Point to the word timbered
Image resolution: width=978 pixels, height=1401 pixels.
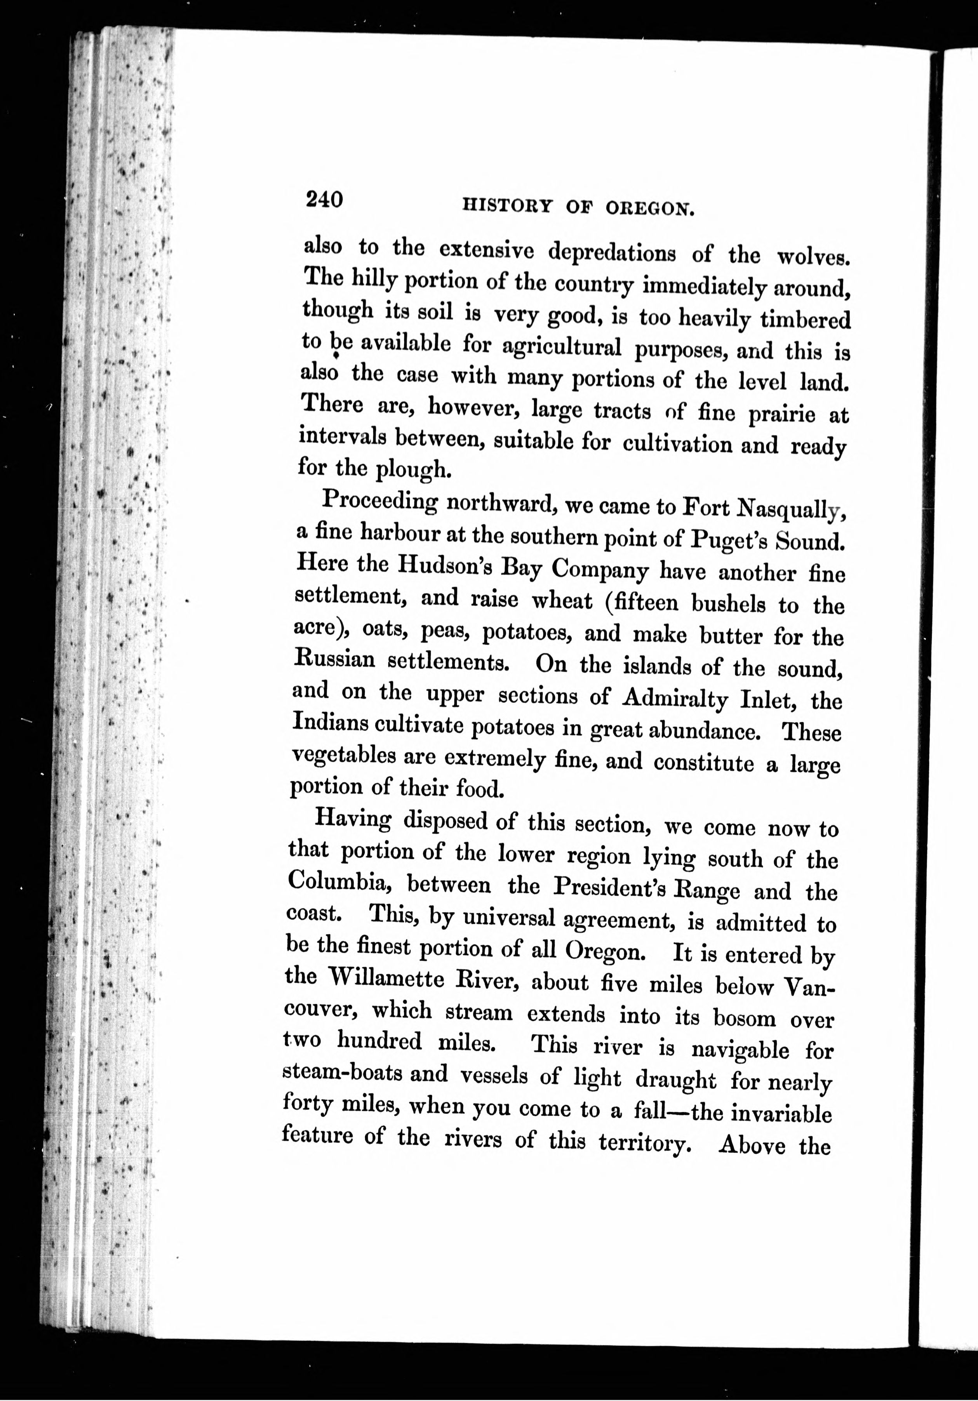click(800, 320)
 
